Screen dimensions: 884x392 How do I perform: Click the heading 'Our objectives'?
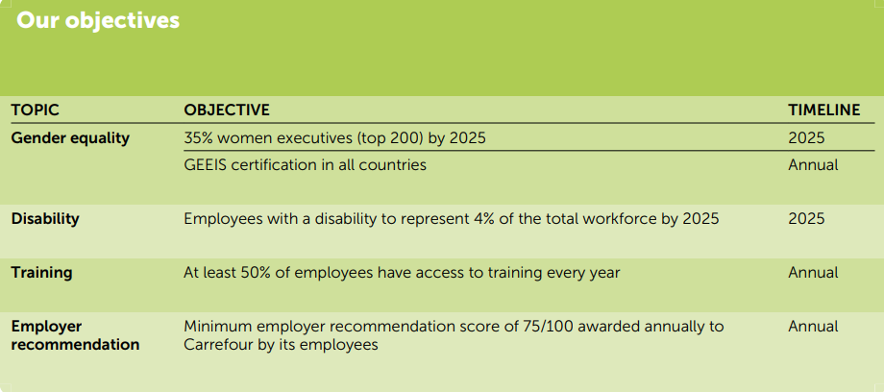98,20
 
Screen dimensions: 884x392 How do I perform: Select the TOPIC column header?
35,110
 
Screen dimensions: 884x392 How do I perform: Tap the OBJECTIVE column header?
227,110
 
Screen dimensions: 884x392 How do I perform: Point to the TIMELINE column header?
824,110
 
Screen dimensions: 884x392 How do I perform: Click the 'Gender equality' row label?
70,138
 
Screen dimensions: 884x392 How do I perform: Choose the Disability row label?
45,219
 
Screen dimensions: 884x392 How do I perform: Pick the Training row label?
41,273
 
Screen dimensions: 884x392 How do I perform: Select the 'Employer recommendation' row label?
76,335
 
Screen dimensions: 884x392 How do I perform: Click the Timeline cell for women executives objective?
806,138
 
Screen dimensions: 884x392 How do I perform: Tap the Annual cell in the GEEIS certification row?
813,165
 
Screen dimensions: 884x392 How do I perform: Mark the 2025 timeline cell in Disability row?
806,219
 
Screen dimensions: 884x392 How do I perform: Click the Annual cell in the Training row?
813,273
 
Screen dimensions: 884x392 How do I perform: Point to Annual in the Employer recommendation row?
813,327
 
